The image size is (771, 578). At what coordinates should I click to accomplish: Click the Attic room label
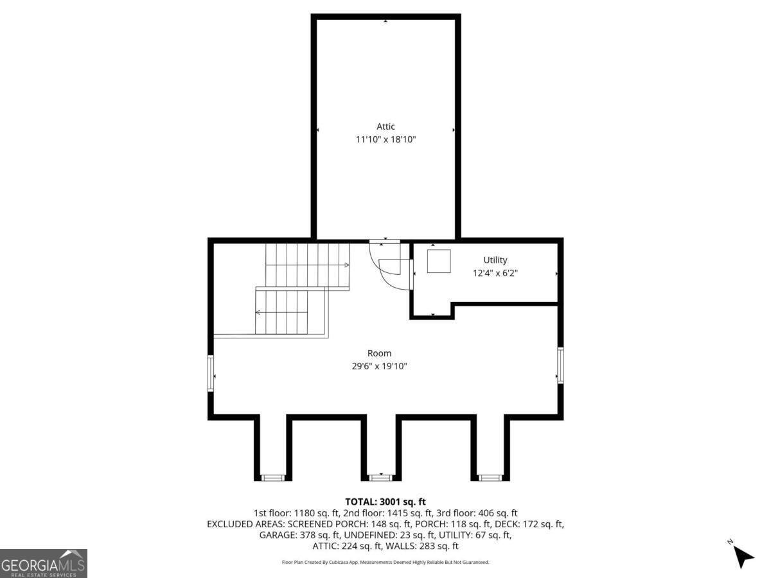pos(385,127)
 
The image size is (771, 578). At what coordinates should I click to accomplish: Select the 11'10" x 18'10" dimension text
pos(385,139)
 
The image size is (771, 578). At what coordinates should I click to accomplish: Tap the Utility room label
pos(495,260)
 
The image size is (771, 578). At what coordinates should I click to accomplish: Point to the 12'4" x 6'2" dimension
pos(495,273)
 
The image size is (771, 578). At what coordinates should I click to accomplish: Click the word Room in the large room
pos(379,353)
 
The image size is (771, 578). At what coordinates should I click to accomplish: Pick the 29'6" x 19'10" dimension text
pos(379,366)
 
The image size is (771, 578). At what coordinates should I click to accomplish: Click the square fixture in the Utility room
pos(439,261)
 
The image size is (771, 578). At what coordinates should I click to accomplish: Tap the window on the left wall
pos(211,373)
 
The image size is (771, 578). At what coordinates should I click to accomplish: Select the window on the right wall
pos(561,365)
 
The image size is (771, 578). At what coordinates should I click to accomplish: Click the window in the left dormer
pos(273,478)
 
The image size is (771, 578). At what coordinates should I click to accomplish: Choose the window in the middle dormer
pos(381,478)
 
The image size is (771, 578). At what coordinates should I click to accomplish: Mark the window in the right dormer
pos(491,478)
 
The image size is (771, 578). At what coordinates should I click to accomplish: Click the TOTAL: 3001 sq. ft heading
pos(385,502)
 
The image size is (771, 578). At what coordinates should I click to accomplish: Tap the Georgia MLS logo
pos(44,563)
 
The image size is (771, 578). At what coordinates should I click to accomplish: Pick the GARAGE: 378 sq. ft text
pos(299,535)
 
